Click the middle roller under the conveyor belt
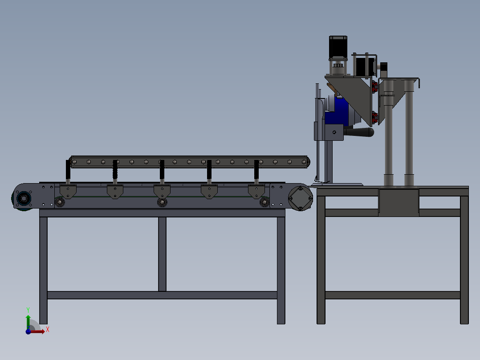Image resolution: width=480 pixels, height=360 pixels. [162, 202]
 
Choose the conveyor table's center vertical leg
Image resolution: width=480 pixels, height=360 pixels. [162, 254]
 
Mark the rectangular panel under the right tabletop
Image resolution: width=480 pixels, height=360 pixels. [399, 203]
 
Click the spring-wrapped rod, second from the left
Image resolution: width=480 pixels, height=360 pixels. [115, 172]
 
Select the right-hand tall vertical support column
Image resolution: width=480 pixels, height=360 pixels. [409, 134]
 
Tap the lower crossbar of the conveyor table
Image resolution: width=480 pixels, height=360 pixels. [162, 295]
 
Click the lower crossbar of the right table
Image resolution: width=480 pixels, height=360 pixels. [392, 295]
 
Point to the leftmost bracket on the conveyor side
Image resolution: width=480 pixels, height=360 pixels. [68, 192]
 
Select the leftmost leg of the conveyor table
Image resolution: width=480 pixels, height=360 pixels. [43, 267]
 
